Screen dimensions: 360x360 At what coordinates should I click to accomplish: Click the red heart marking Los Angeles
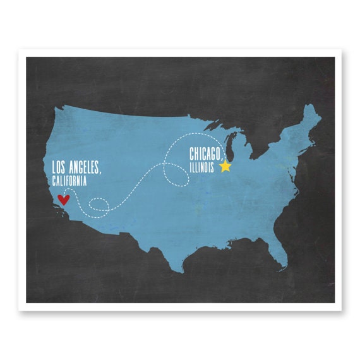[x=63, y=200]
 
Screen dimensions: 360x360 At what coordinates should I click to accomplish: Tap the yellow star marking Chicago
[x=225, y=166]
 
